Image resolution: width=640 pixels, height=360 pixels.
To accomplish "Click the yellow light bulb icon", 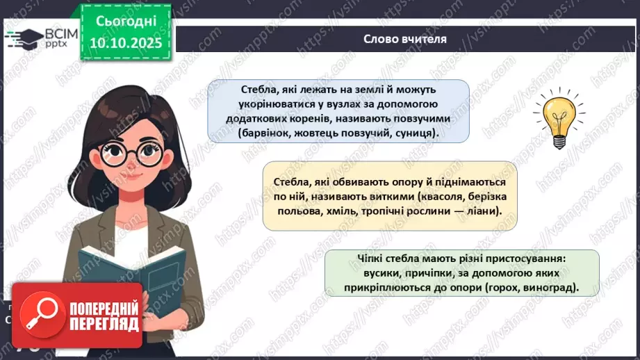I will (556, 120).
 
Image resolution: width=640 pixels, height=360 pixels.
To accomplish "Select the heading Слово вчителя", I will (404, 39).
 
